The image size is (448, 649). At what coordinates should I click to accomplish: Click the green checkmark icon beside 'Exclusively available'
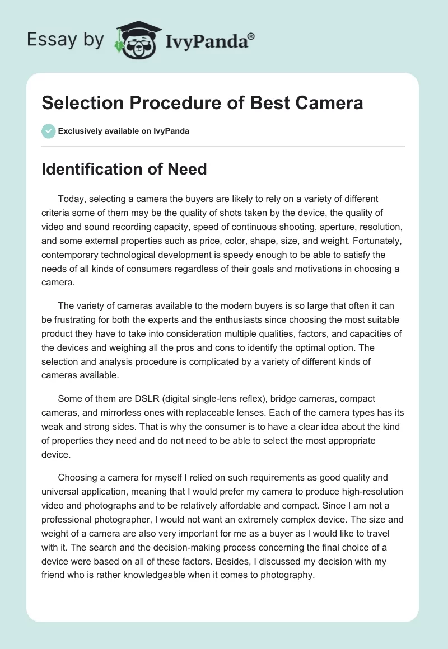click(48, 131)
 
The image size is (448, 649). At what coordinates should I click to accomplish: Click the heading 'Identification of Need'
click(124, 170)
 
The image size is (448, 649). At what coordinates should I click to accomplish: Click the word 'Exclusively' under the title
click(80, 131)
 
